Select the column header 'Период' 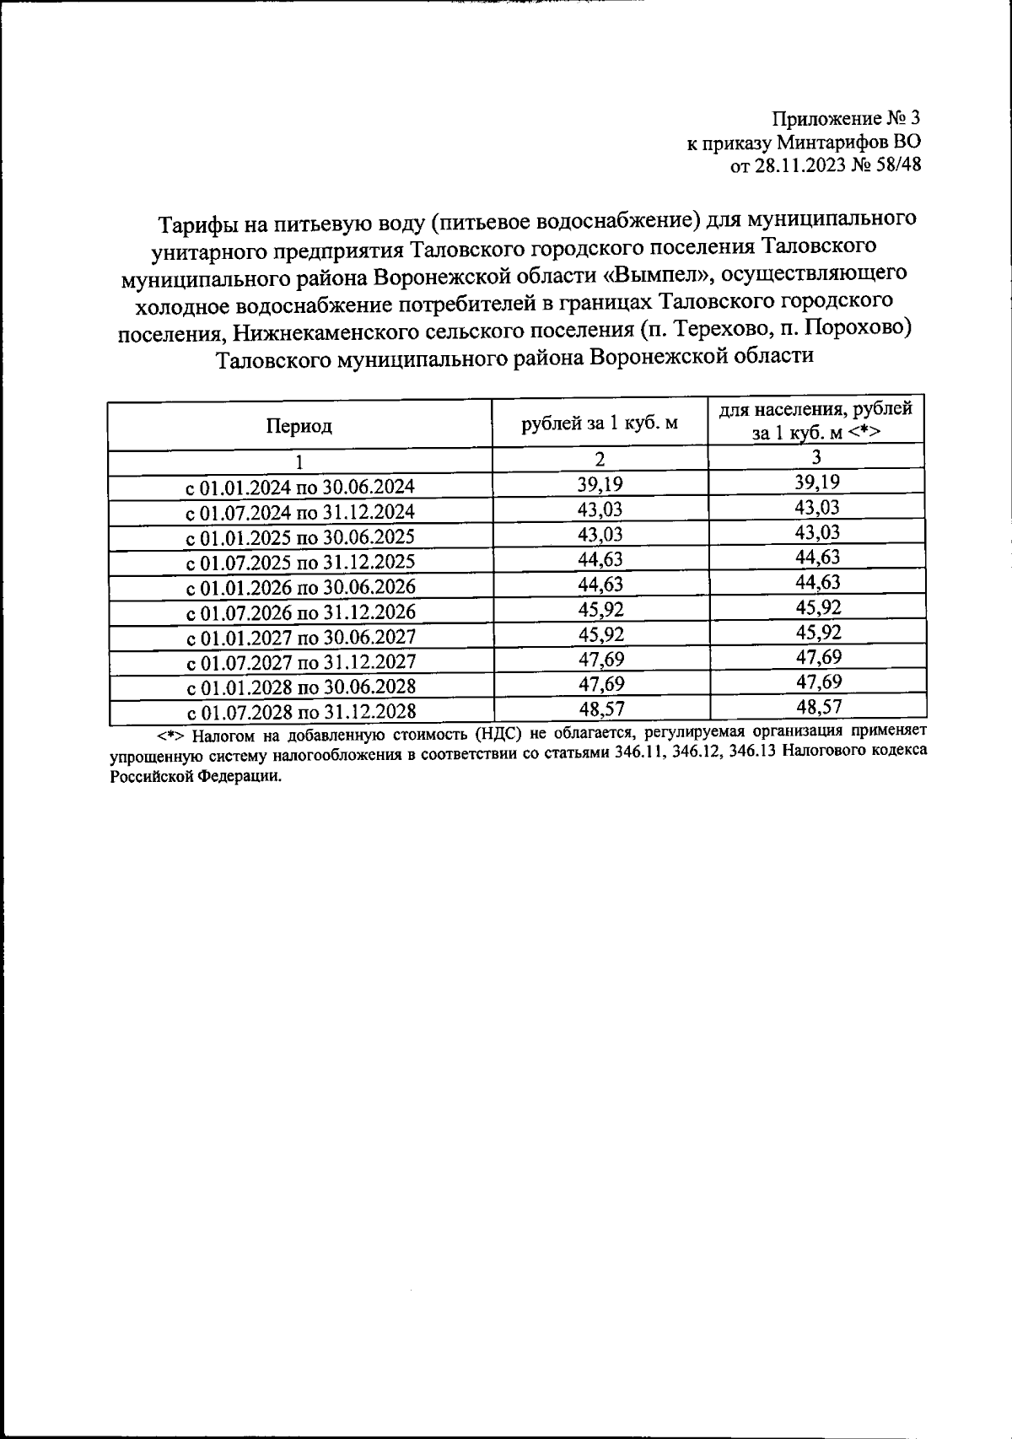click(x=299, y=427)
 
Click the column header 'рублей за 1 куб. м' click(x=600, y=423)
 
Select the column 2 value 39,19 click(x=600, y=483)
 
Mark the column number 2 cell click(x=600, y=460)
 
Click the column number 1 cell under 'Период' click(x=299, y=462)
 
